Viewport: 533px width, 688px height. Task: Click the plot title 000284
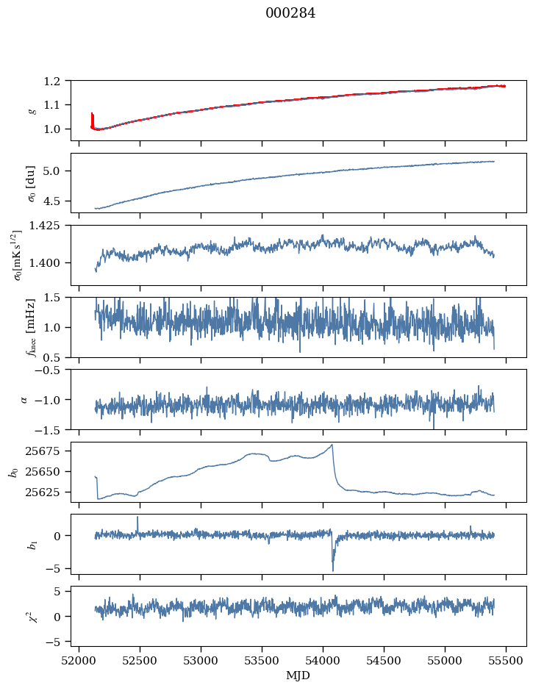[x=290, y=13]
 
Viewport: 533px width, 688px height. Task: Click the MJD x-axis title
[x=298, y=675]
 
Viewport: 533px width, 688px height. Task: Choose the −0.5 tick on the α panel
[x=54, y=370]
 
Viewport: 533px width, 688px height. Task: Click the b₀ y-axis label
[x=12, y=472]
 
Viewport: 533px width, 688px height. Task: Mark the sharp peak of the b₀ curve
[x=332, y=445]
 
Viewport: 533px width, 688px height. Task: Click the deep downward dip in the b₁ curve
[x=333, y=570]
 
